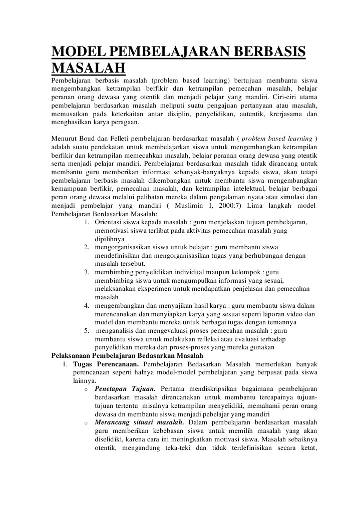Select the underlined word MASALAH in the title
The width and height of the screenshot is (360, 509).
click(x=89, y=69)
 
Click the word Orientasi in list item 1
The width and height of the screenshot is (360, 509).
click(x=109, y=211)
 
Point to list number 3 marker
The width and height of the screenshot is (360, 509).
click(x=87, y=272)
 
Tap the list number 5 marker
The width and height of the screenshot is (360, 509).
click(x=87, y=331)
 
